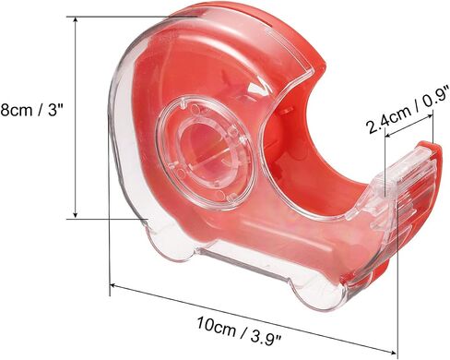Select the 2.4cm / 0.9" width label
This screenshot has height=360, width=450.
(408, 111)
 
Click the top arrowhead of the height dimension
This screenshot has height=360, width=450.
(76, 20)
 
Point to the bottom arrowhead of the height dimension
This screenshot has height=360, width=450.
(76, 215)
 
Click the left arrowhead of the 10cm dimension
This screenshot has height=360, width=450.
(114, 286)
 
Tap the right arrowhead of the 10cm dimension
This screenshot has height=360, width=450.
(392, 351)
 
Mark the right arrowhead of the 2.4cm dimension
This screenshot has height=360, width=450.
(430, 117)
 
